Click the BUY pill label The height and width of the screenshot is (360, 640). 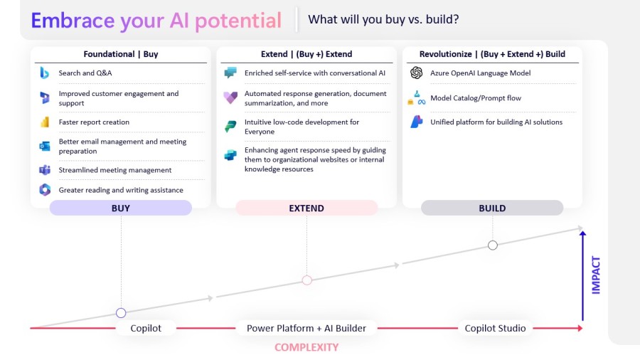(121, 208)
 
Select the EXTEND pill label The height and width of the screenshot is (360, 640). (306, 208)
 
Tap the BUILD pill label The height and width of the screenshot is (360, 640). (492, 208)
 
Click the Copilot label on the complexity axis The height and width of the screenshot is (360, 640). (146, 328)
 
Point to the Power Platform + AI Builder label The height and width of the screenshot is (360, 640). (306, 328)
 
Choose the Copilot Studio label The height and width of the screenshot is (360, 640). (495, 328)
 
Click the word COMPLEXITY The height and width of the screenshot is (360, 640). (306, 347)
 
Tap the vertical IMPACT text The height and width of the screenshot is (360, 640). (596, 275)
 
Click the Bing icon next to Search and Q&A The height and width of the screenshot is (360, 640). (45, 73)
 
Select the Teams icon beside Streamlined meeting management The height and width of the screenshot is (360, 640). (45, 170)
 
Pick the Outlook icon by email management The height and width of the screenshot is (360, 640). (45, 146)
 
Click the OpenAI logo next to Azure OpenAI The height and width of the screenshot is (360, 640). (416, 73)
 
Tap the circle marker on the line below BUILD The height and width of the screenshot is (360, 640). (492, 245)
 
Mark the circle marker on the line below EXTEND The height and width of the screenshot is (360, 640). (306, 280)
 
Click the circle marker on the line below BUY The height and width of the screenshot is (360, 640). (121, 313)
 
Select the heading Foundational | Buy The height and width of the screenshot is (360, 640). (121, 54)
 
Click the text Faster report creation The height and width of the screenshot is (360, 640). (94, 122)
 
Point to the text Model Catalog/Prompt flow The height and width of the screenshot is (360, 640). (476, 98)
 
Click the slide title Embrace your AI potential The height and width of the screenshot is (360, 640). (156, 20)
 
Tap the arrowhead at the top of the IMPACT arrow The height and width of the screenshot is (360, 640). (582, 233)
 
